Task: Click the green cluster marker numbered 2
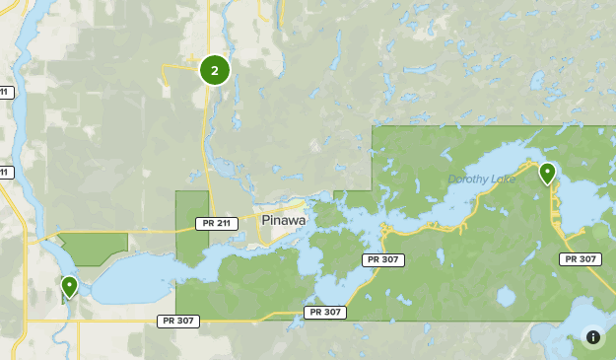pyautogui.click(x=215, y=70)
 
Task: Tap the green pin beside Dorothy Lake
pyautogui.click(x=547, y=174)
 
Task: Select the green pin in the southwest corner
pyautogui.click(x=69, y=286)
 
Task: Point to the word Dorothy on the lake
pyautogui.click(x=468, y=180)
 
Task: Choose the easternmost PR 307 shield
pyautogui.click(x=580, y=259)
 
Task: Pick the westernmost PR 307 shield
pyautogui.click(x=178, y=321)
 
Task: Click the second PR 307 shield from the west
pyautogui.click(x=325, y=312)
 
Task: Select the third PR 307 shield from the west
pyautogui.click(x=384, y=259)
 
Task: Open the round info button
pyautogui.click(x=593, y=337)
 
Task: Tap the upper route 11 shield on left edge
pyautogui.click(x=5, y=92)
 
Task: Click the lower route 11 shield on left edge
pyautogui.click(x=5, y=173)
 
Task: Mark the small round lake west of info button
pyautogui.click(x=507, y=296)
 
